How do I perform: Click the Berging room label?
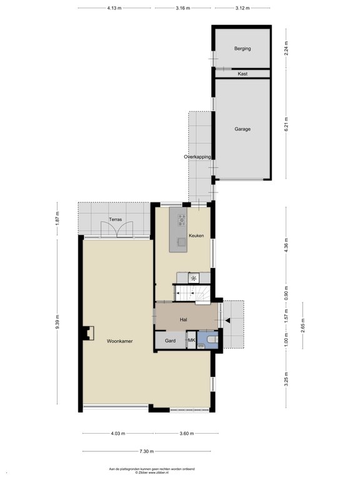click(242, 48)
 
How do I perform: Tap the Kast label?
click(242, 74)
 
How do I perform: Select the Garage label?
click(242, 129)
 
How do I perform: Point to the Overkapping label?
click(197, 157)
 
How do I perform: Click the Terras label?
click(116, 219)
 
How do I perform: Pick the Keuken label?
click(196, 236)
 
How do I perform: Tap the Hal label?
click(183, 319)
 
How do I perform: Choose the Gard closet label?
click(170, 341)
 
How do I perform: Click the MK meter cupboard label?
click(192, 340)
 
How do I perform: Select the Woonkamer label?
click(120, 341)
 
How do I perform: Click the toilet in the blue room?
click(212, 339)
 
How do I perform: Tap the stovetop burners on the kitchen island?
click(182, 220)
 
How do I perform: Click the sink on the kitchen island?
click(182, 242)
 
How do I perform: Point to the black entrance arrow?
click(227, 320)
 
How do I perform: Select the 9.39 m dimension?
click(57, 322)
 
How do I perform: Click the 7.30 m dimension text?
click(147, 451)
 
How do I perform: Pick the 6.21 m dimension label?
click(286, 124)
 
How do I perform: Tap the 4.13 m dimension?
click(114, 8)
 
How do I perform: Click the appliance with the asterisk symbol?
click(194, 278)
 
